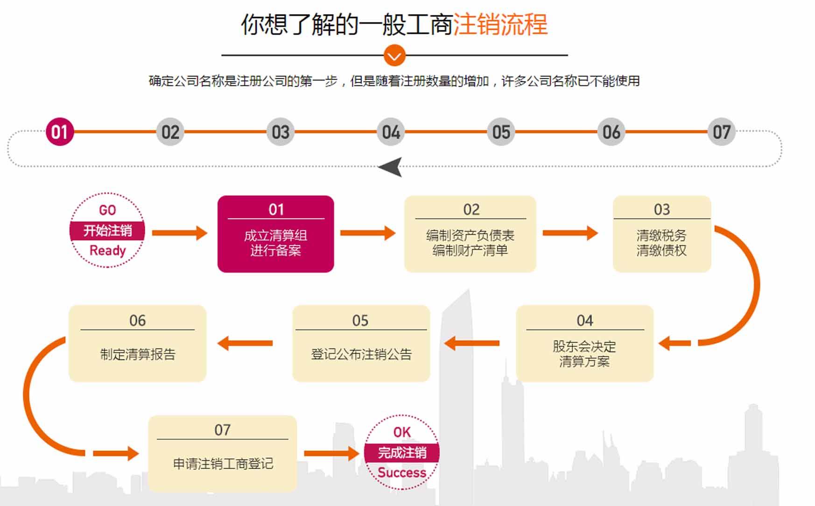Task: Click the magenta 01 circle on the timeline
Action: point(60,132)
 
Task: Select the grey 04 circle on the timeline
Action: point(391,132)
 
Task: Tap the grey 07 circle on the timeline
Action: point(721,132)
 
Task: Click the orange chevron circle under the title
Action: point(394,56)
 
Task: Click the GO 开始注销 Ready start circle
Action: point(107,230)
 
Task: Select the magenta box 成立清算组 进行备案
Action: point(276,234)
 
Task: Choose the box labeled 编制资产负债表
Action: point(470,234)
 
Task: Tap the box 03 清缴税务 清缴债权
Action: point(662,234)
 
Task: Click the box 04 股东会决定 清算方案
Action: point(585,344)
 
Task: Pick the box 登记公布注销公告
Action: point(361,344)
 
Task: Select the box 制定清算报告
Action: point(138,344)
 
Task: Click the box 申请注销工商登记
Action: point(223,453)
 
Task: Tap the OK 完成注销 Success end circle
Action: point(402,452)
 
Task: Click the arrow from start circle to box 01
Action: point(180,232)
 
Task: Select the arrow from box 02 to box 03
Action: point(570,232)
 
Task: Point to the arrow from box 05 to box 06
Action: point(245,344)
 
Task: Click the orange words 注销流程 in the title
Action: point(500,24)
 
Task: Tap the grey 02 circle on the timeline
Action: point(170,132)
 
